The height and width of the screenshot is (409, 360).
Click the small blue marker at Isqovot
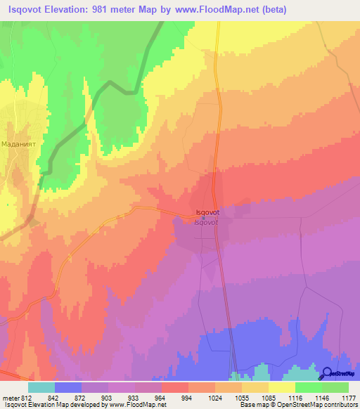click(x=204, y=218)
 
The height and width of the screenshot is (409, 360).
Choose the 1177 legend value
click(x=349, y=397)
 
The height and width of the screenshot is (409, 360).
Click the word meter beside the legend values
click(x=10, y=397)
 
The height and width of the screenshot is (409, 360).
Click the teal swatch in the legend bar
click(x=41, y=387)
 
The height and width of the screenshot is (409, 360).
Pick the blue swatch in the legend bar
click(x=68, y=387)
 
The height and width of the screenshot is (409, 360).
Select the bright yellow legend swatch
click(x=281, y=387)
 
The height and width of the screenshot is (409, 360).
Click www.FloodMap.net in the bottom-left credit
click(x=134, y=405)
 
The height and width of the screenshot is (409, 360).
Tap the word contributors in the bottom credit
click(x=338, y=405)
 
